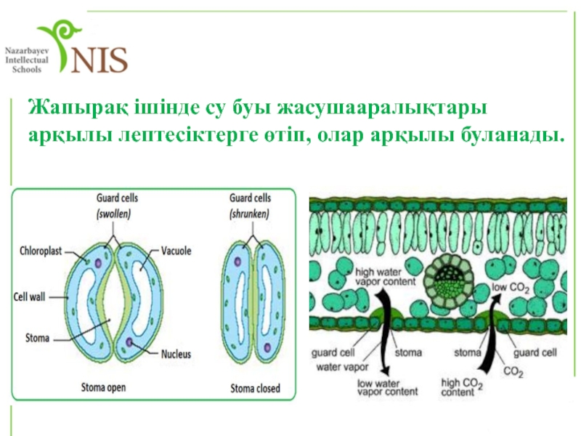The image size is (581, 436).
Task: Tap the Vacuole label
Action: [176, 251]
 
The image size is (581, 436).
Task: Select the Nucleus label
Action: [176, 354]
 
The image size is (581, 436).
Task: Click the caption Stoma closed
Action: [255, 388]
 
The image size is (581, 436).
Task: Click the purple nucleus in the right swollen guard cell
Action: [129, 342]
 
